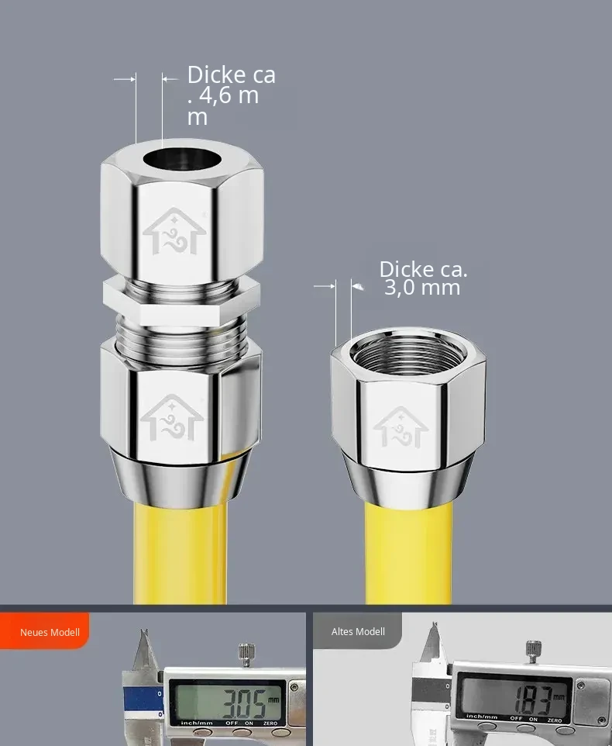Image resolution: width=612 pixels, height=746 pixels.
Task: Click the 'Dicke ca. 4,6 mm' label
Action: point(232,95)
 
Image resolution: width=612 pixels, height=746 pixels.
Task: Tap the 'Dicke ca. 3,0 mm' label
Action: point(423,278)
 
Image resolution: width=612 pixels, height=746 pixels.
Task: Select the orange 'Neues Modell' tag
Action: point(45,631)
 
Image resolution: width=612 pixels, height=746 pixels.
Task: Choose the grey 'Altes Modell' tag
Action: point(357,631)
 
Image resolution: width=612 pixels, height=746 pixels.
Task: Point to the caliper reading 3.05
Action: point(245,703)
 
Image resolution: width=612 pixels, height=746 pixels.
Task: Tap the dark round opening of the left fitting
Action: point(183,159)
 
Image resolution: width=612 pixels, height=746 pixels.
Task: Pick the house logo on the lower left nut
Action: point(172,418)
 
